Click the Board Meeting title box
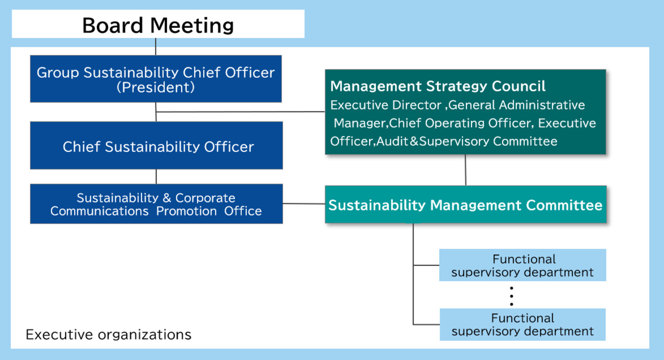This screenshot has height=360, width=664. click(158, 24)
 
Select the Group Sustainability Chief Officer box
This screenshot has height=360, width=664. click(156, 79)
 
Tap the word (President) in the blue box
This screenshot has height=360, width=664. click(155, 87)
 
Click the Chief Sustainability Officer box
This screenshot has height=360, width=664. click(156, 145)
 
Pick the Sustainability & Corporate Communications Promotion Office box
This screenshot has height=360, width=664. click(156, 204)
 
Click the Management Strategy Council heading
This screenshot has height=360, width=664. click(438, 86)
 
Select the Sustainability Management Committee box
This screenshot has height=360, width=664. click(466, 204)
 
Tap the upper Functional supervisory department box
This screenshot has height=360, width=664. click(523, 265)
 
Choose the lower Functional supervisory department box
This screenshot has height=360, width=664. click(523, 325)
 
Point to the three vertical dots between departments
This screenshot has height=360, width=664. click(511, 296)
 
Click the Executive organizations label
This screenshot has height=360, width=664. click(109, 335)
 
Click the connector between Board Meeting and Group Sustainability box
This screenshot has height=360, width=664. click(155, 46)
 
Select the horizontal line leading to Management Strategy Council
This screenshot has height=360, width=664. click(240, 112)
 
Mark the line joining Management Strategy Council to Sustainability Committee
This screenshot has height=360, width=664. click(465, 170)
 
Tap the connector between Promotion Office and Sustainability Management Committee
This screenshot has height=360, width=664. click(304, 204)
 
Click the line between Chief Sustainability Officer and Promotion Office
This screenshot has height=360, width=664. click(156, 176)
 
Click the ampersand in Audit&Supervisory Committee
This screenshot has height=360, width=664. click(414, 141)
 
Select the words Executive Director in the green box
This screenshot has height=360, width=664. click(386, 105)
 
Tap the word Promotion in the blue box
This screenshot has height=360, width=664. click(186, 211)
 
